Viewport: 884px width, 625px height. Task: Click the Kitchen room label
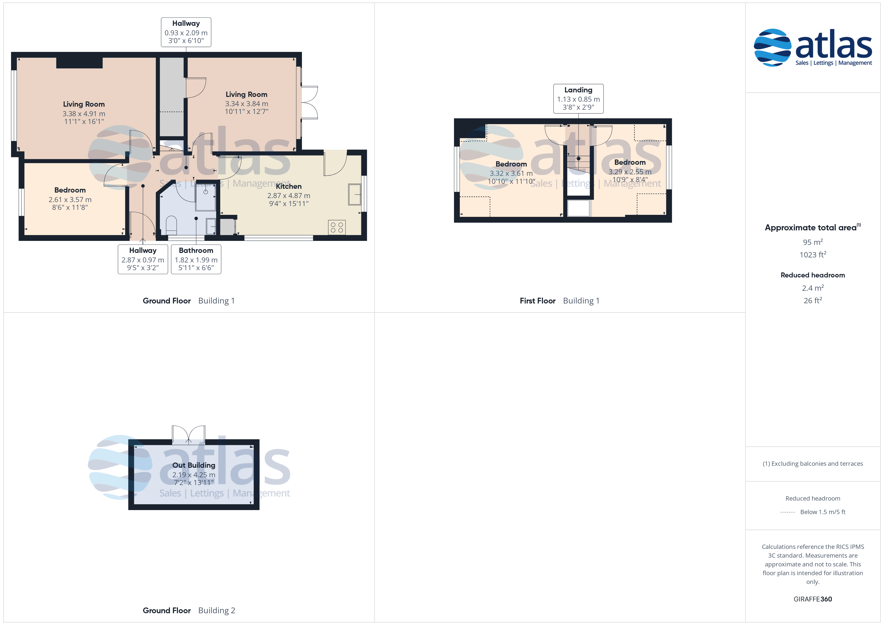[x=288, y=186]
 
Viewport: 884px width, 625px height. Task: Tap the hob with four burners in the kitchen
[x=337, y=227]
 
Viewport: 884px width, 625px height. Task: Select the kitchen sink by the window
[x=355, y=194]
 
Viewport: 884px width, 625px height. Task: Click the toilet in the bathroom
[x=171, y=226]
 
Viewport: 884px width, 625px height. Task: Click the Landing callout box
[x=578, y=98]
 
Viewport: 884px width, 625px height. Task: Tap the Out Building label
[x=194, y=465]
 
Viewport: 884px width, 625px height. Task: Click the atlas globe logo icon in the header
[x=772, y=47]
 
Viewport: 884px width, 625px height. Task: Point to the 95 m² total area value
[x=813, y=242]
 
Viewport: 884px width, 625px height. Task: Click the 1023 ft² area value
[x=813, y=255]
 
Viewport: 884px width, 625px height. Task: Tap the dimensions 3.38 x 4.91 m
[x=84, y=113]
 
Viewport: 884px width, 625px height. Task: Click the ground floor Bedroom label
[x=70, y=190]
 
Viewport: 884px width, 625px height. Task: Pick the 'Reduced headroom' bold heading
[x=813, y=275]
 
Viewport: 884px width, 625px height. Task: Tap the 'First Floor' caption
[x=537, y=301]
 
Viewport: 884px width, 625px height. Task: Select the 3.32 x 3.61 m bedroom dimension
[x=511, y=174]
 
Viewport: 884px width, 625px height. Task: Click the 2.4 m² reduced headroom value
[x=813, y=288]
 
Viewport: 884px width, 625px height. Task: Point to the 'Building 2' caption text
[x=216, y=610]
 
